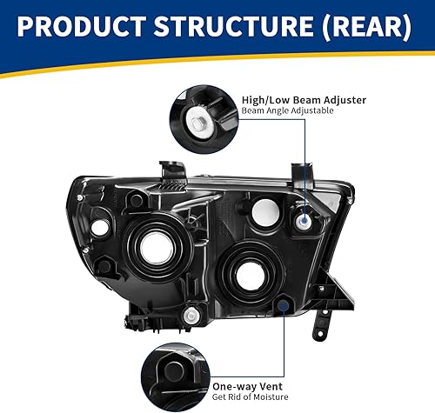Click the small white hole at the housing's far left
click(99, 228)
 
